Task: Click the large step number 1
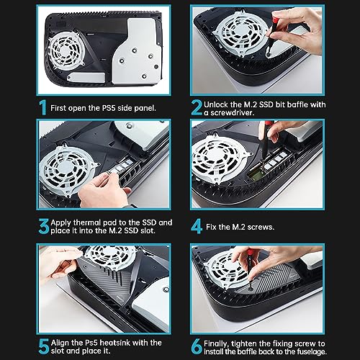tap(43, 107)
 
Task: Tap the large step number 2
tap(197, 107)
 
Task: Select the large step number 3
tap(44, 226)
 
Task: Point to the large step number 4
tap(197, 226)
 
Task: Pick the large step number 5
tap(44, 346)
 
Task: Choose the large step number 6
tap(197, 346)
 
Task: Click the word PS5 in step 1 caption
tap(109, 108)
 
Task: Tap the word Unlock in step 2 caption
tap(216, 104)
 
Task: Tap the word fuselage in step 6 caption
tap(312, 352)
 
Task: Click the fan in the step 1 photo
tap(66, 50)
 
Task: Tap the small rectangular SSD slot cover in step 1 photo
tap(86, 78)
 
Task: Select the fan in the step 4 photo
tap(219, 158)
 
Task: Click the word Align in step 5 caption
tap(60, 343)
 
